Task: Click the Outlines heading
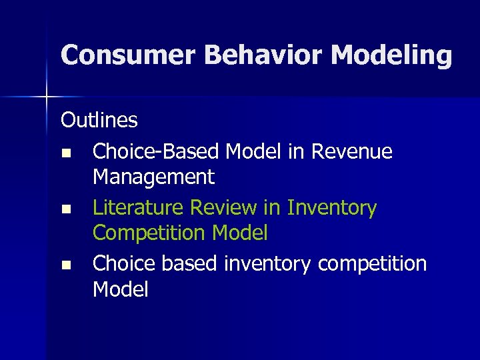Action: (x=99, y=121)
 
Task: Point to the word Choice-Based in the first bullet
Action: (x=156, y=152)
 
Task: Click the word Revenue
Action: (x=351, y=152)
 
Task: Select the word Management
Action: (x=153, y=177)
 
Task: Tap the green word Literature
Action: (x=139, y=209)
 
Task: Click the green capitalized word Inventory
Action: (x=332, y=209)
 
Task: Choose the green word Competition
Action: (x=151, y=233)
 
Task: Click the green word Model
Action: (x=239, y=233)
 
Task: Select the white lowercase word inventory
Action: (x=267, y=265)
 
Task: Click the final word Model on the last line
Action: (x=121, y=289)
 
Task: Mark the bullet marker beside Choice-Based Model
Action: (x=65, y=153)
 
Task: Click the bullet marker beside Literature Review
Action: (x=65, y=209)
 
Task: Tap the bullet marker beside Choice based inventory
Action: (x=65, y=265)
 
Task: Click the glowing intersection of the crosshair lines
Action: (x=46, y=97)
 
